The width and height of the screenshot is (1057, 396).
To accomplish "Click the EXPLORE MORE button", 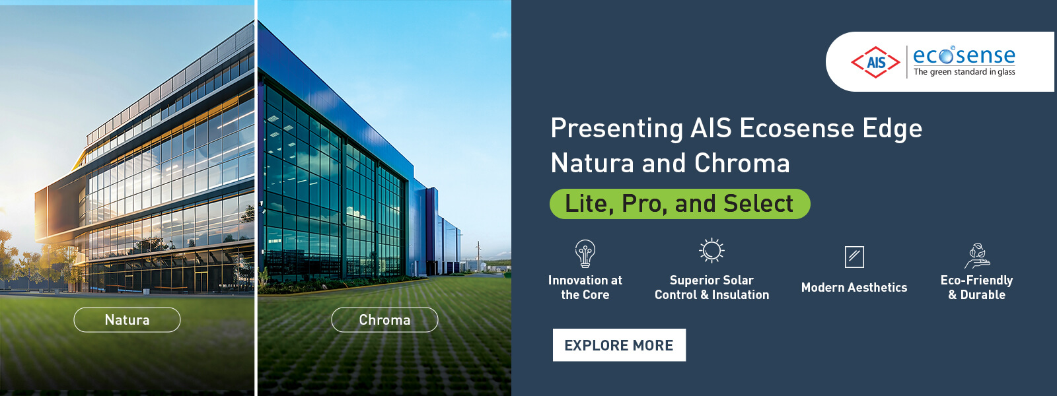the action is pos(619,345).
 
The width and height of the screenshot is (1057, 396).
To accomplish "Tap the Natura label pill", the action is pos(127,319).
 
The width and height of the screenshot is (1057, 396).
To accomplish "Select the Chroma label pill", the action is pos(384,319).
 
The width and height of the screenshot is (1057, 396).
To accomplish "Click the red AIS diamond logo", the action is pos(875,62).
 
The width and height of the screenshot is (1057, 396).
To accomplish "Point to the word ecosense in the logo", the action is pos(964,55).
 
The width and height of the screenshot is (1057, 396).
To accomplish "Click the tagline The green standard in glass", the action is pos(964,72).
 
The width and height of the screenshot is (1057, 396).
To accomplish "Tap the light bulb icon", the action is pos(585,253).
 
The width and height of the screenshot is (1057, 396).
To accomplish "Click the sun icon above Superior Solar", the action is pos(711,250).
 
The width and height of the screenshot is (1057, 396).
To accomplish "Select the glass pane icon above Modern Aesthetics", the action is pos(854,257).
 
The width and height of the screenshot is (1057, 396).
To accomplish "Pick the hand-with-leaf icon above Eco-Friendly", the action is pos(977,256).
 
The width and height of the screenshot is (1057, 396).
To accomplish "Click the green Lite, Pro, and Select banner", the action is pos(680,204).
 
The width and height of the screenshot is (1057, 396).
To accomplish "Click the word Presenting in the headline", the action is pos(616,129).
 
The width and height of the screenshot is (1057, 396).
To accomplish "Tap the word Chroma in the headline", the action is pos(742,163).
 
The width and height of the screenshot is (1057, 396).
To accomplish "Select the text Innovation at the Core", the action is pos(585,287).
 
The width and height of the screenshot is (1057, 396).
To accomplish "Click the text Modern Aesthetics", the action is pos(854,287).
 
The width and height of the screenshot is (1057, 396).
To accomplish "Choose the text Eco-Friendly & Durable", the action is pos(977,287).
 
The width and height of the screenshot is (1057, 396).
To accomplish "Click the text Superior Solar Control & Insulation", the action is pos(711,287).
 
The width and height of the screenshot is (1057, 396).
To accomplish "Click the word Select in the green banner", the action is pos(758,204).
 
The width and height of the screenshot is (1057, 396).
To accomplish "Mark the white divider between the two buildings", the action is pos(256,198).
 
